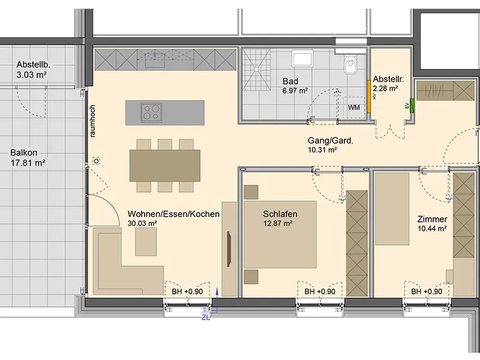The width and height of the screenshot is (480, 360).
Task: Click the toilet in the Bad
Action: [x=350, y=65]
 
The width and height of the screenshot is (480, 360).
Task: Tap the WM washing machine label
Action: [x=354, y=107]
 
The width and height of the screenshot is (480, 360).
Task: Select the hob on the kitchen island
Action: [x=152, y=112]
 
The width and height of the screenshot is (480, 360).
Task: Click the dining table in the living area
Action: [x=164, y=166]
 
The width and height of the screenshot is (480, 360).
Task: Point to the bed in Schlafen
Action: [x=280, y=235]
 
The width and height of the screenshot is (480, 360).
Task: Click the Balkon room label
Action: [x=23, y=152]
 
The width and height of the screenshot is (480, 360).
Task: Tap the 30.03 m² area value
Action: [x=142, y=223]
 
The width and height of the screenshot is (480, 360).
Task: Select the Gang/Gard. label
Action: [x=331, y=141]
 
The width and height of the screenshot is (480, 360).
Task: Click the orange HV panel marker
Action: [x=369, y=97]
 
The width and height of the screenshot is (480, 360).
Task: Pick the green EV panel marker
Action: [x=412, y=106]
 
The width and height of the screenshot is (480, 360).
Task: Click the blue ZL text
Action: [x=206, y=318]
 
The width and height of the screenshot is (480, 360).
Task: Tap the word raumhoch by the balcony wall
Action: [x=92, y=121]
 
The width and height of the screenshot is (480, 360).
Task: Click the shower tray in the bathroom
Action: [x=257, y=70]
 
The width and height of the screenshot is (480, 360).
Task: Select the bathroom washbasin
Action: [x=302, y=58]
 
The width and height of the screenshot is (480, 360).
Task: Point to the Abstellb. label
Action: [x=33, y=65]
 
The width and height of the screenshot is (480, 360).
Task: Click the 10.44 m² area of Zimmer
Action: [x=432, y=229]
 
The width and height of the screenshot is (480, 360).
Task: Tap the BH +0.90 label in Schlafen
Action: [x=320, y=292]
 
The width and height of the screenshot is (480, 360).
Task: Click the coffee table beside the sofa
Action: [x=146, y=242]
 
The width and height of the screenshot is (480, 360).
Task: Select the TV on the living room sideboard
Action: [x=229, y=249]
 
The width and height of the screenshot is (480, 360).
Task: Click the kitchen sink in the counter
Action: [x=155, y=59]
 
